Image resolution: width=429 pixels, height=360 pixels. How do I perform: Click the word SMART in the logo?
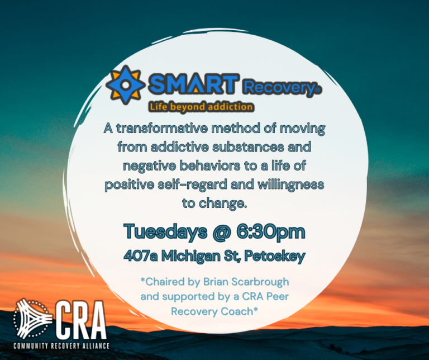193,85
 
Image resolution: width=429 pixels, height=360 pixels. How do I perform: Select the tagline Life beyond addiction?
200,106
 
